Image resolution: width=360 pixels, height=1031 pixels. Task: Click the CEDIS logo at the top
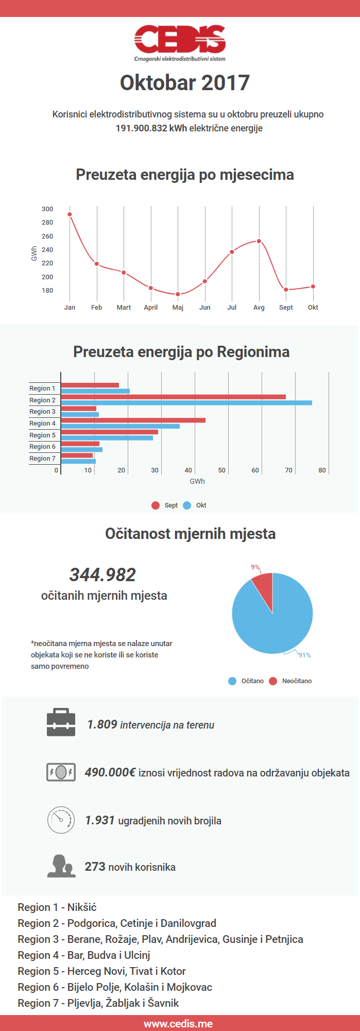(x=180, y=41)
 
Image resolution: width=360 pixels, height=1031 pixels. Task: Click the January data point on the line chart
(x=70, y=214)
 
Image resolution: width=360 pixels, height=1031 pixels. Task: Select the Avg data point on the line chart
(x=259, y=241)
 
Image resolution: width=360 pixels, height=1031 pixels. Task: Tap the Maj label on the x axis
(x=178, y=308)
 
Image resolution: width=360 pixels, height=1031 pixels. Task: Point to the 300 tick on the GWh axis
(x=47, y=209)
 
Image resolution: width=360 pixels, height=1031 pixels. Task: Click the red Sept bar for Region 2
(x=173, y=397)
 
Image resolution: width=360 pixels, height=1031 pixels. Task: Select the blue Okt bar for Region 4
(x=121, y=426)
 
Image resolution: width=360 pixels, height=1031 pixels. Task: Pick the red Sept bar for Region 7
(x=77, y=455)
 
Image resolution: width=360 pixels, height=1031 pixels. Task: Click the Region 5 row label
(x=42, y=435)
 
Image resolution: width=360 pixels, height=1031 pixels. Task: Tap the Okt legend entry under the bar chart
(x=195, y=505)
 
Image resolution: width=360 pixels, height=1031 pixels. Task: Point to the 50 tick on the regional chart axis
(x=221, y=470)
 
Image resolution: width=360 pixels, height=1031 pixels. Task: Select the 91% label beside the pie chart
(x=305, y=655)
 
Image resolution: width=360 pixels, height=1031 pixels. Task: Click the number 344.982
(x=102, y=575)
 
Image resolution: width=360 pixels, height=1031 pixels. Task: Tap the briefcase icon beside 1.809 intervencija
(x=61, y=722)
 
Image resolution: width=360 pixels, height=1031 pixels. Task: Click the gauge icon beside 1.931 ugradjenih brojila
(x=61, y=820)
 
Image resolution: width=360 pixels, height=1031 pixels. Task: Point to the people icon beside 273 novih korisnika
(x=61, y=866)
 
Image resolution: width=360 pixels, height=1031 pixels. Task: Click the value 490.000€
(x=110, y=772)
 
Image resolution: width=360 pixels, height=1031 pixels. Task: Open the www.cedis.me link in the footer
(x=178, y=1024)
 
